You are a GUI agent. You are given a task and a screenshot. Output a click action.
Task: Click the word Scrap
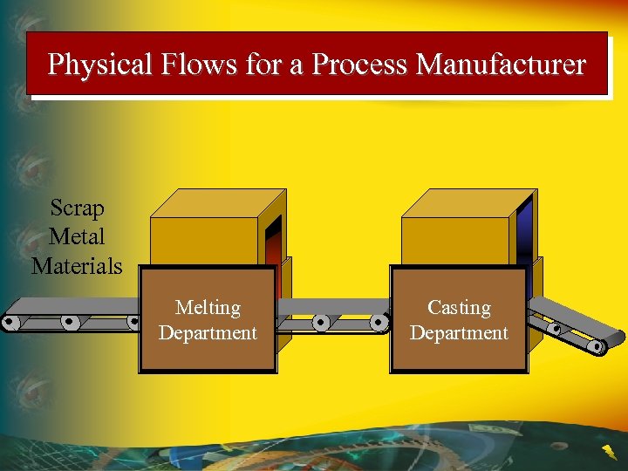[x=77, y=208]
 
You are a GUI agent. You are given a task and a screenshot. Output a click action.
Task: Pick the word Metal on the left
[x=77, y=236]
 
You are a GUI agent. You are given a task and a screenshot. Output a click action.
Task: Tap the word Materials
[x=77, y=265]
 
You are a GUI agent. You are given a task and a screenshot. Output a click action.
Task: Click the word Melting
[x=208, y=308]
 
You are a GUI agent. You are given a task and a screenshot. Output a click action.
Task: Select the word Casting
[x=459, y=308]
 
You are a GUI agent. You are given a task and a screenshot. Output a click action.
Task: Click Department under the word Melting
[x=208, y=333]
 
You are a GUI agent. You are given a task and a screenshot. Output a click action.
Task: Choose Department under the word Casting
[x=459, y=333]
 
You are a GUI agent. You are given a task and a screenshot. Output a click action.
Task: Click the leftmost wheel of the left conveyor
[x=10, y=323]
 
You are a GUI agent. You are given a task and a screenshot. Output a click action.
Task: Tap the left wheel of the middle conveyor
[x=321, y=322]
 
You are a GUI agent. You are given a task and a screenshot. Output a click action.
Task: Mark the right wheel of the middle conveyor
[x=379, y=322]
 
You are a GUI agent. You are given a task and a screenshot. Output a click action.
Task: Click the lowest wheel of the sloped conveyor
[x=597, y=346]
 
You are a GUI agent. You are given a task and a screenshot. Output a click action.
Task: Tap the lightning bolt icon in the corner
[x=607, y=452]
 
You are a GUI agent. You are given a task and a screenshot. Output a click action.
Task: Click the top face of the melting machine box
[x=218, y=203]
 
